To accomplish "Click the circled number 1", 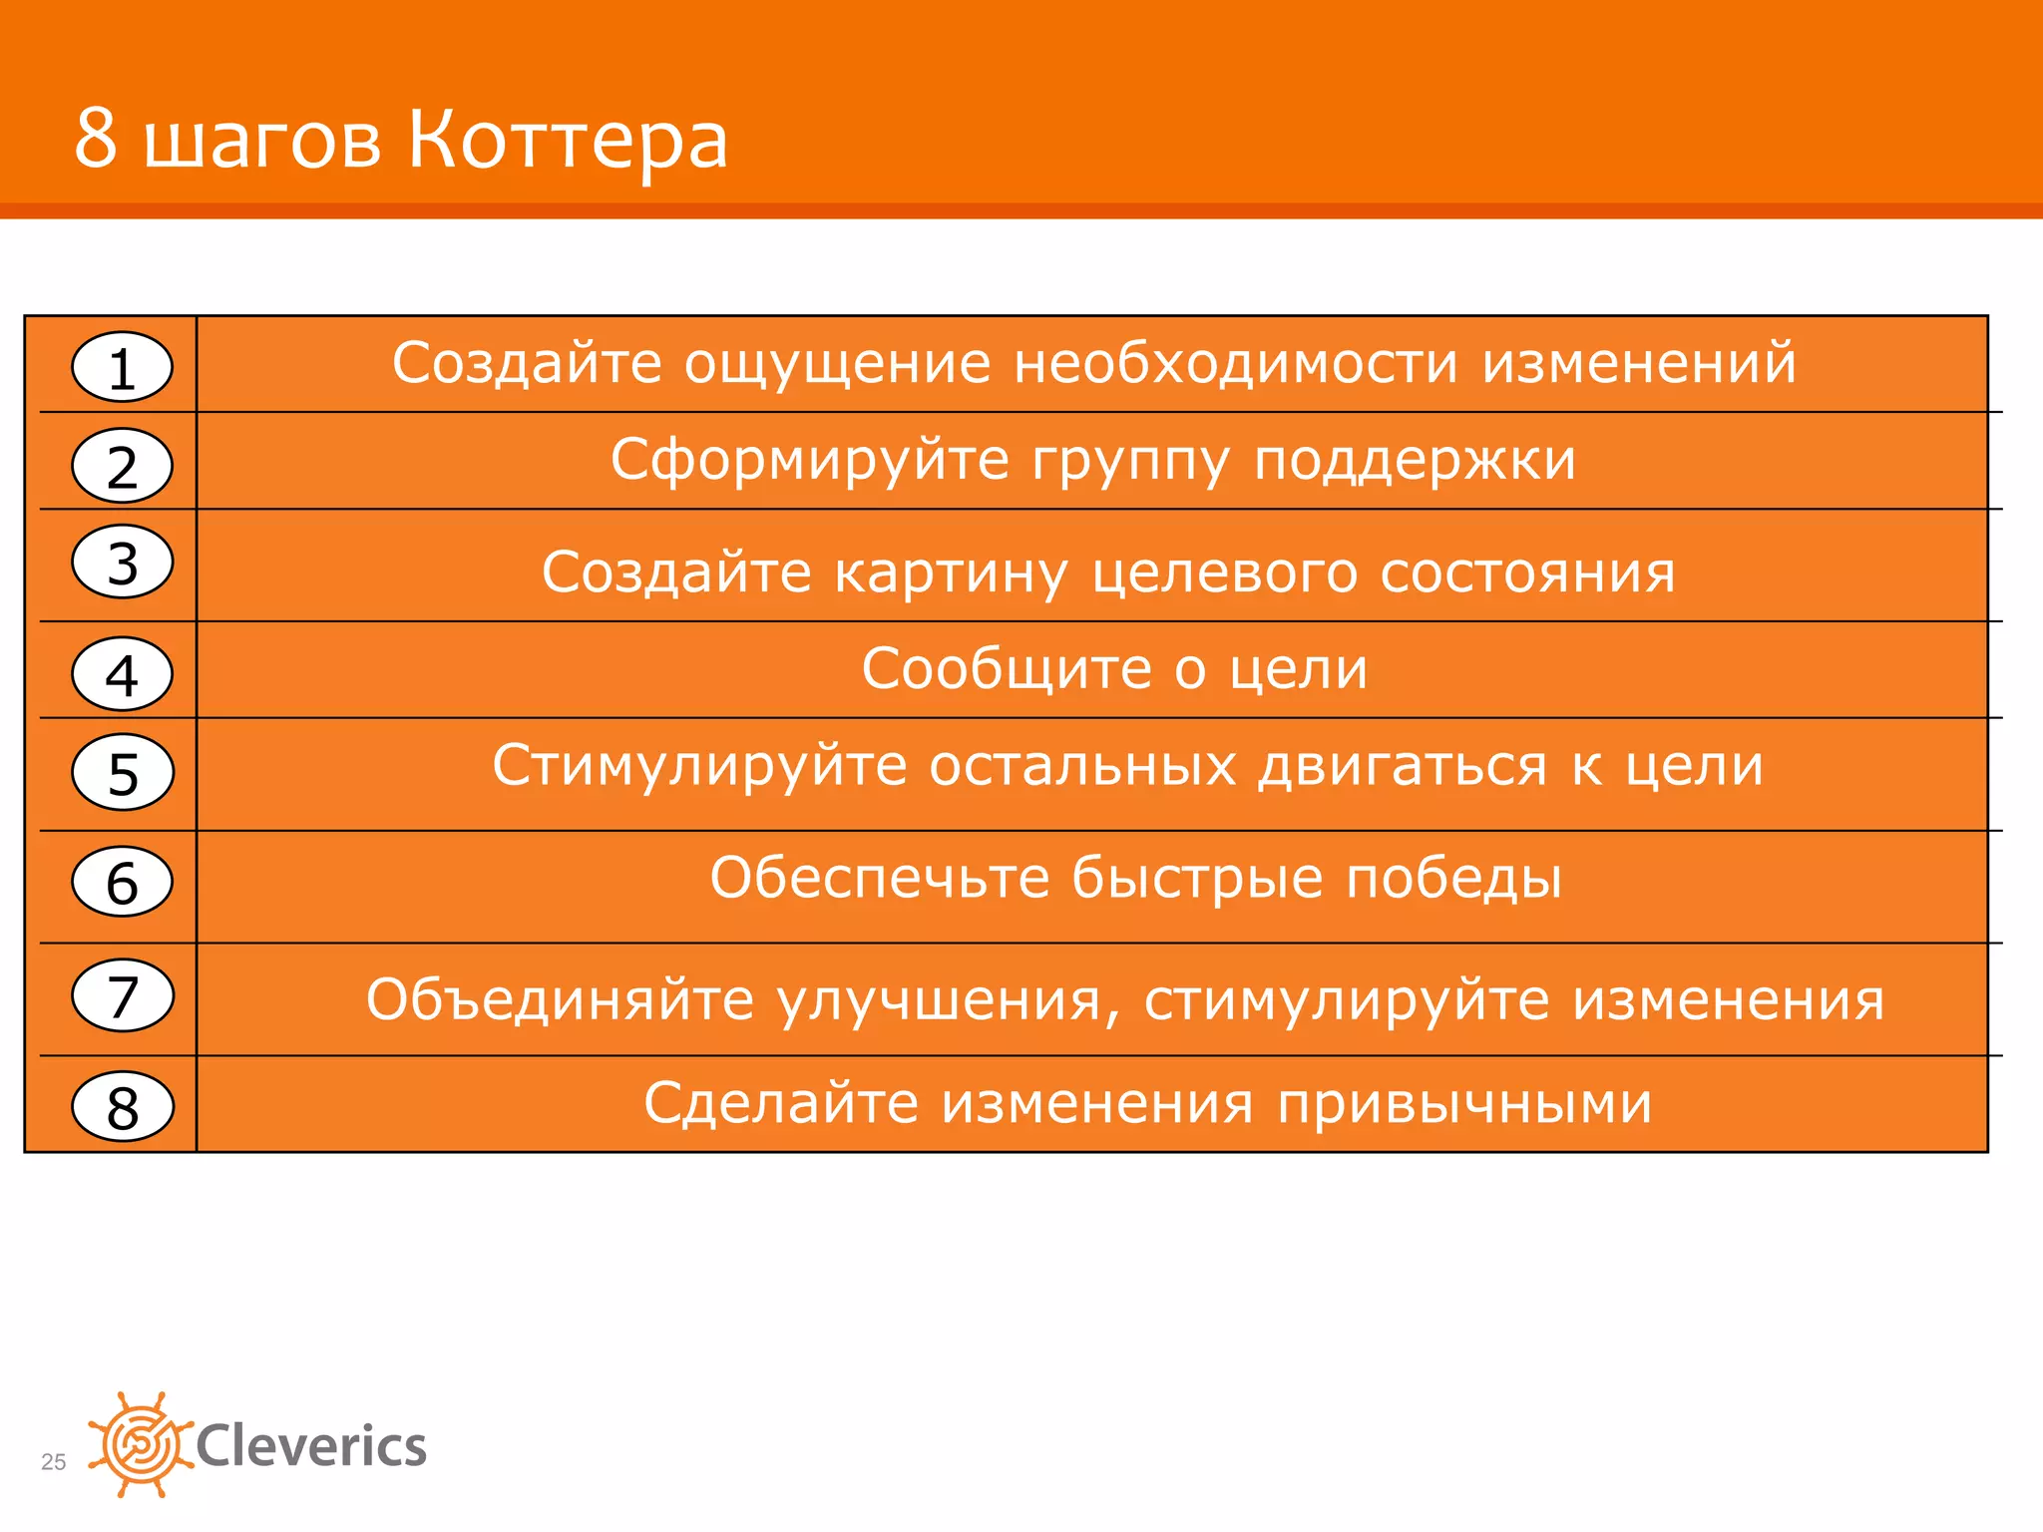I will tap(122, 367).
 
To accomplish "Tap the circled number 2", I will tap(122, 465).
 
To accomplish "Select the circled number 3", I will tap(122, 562).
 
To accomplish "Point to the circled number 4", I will tap(122, 674).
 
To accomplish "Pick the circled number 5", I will tap(122, 772).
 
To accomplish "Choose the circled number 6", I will tap(122, 882).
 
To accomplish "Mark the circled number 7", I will tap(122, 995).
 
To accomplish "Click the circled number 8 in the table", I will tap(122, 1106).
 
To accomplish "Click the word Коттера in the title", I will tap(568, 140).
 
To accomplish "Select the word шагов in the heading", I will tap(262, 142).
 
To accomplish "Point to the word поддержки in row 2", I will tap(1415, 461).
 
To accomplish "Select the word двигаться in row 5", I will tap(1403, 767).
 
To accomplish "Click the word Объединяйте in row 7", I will tap(560, 999).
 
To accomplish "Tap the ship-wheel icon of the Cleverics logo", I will tap(140, 1444).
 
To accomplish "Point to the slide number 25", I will tap(53, 1462).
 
